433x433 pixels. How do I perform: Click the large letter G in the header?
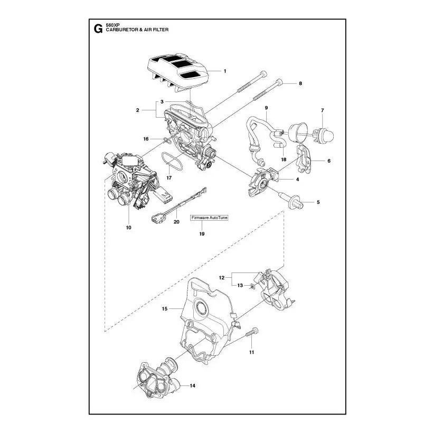click(98, 29)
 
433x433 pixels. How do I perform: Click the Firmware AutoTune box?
click(210, 218)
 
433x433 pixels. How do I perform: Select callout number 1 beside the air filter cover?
click(225, 71)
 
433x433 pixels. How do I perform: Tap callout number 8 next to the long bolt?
click(300, 83)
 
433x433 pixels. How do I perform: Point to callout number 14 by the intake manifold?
click(193, 385)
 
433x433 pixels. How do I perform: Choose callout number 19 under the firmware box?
click(202, 234)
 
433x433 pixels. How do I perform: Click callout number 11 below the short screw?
click(251, 352)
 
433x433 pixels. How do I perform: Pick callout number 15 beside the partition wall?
click(165, 309)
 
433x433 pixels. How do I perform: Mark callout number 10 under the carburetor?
click(128, 228)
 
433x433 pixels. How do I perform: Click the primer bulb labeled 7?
click(325, 135)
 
